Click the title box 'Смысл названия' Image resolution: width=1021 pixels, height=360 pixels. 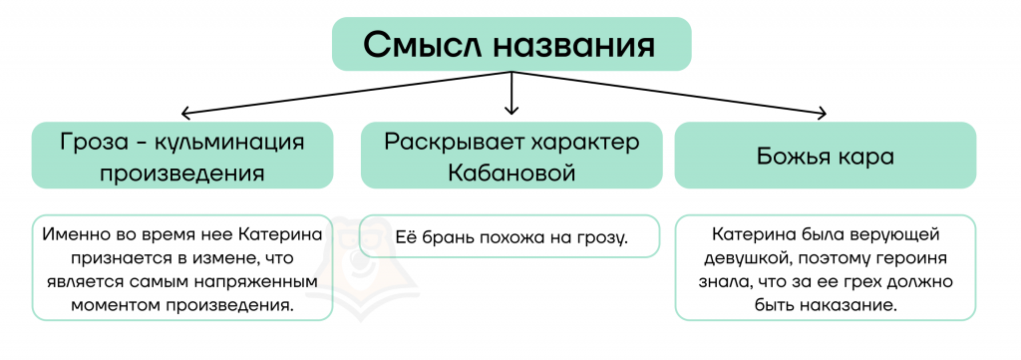[511, 44]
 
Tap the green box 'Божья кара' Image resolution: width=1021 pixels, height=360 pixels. [825, 155]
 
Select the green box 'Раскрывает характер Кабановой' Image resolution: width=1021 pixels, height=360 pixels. [511, 155]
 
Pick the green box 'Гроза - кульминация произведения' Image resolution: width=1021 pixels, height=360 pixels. [182, 155]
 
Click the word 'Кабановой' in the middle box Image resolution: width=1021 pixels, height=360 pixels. [511, 173]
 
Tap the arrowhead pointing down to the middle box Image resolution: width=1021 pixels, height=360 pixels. [511, 108]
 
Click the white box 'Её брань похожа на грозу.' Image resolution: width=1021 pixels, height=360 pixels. [510, 236]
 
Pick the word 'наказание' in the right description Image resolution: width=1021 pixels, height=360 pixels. [856, 306]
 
